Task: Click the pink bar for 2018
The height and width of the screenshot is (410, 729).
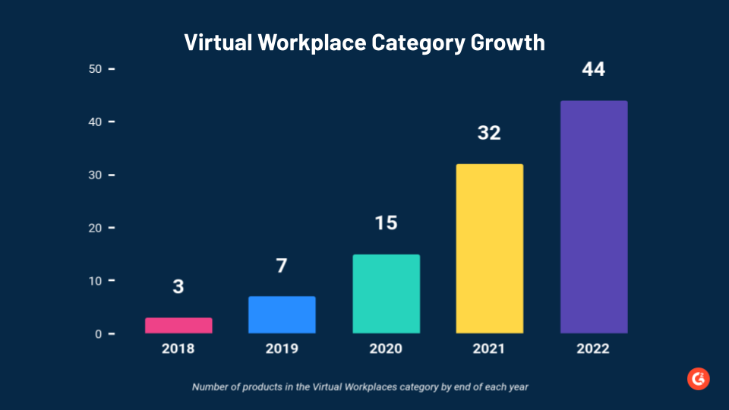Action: [178, 326]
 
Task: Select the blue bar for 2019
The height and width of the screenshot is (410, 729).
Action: [282, 314]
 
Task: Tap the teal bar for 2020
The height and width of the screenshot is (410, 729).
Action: [386, 294]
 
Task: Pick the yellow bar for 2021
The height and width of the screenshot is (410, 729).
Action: [490, 248]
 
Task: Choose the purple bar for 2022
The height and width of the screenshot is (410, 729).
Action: [594, 217]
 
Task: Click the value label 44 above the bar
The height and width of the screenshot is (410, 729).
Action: [594, 69]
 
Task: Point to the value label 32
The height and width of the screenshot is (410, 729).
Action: [489, 133]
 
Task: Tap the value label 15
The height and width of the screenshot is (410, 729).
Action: [386, 223]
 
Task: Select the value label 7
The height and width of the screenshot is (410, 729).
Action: [282, 266]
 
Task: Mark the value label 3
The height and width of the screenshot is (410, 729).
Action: [178, 287]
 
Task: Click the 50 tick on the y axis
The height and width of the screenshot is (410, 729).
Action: [96, 69]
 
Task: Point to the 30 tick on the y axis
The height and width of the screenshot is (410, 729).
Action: [96, 175]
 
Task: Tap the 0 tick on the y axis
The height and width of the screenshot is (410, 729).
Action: [99, 334]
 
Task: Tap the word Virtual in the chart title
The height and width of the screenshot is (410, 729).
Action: [217, 42]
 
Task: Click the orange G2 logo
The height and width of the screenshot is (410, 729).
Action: [698, 379]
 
